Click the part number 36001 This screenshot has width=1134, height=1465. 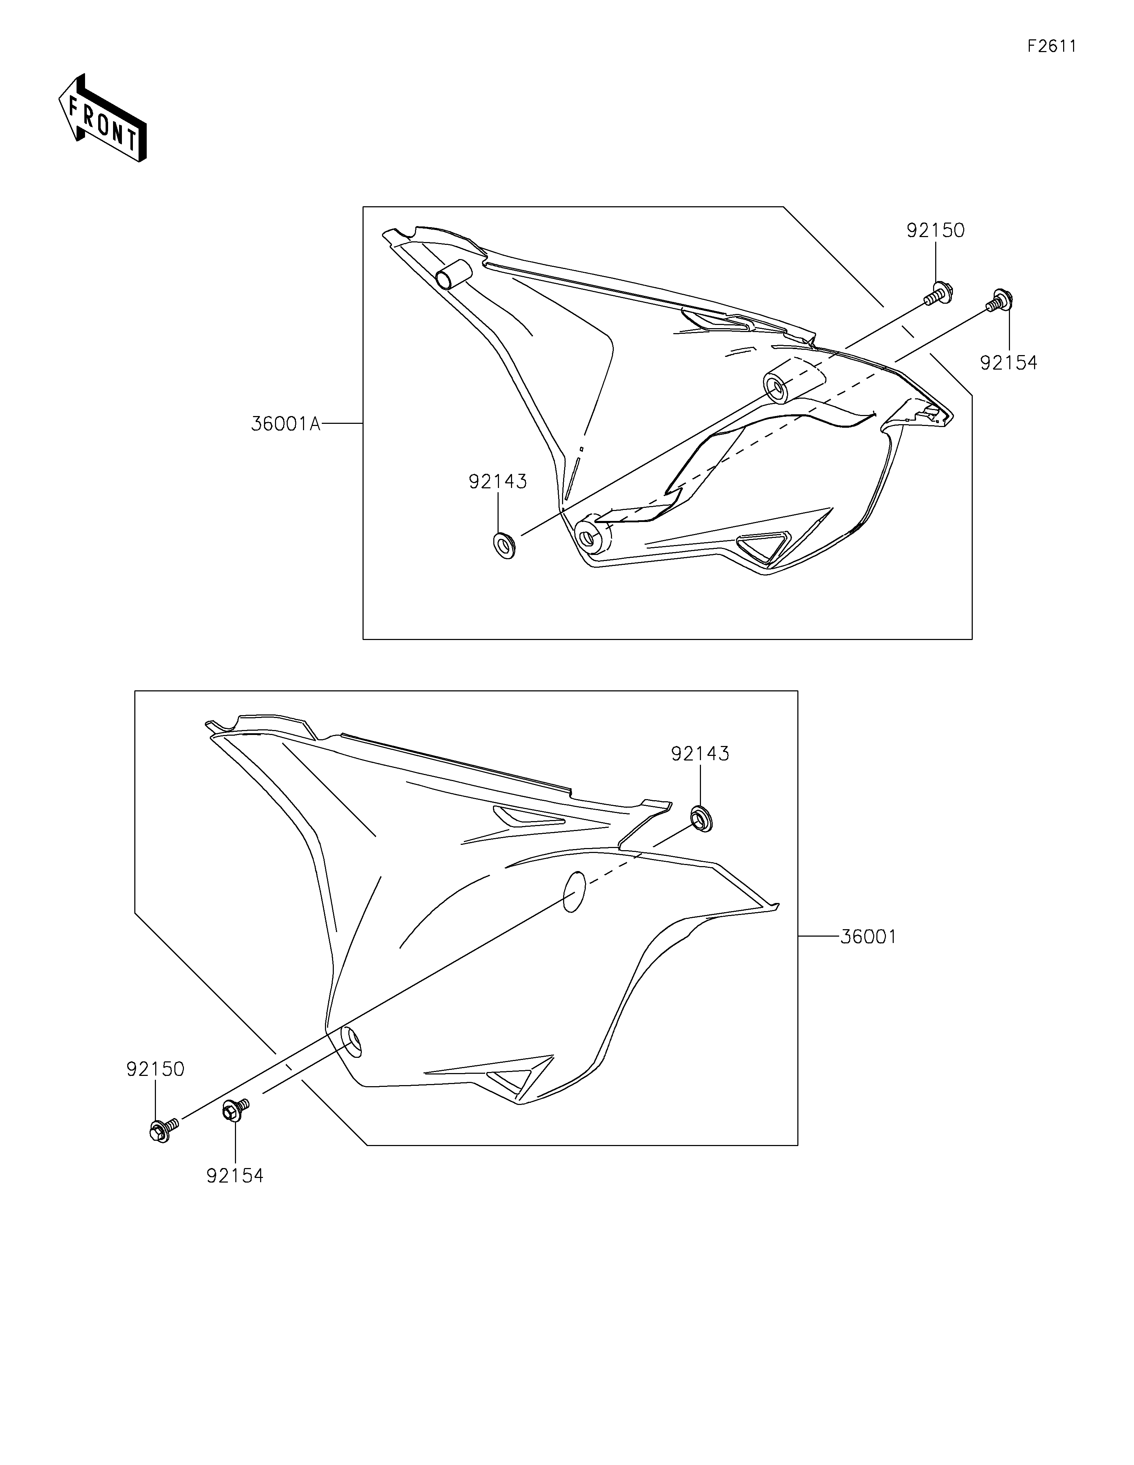tap(868, 936)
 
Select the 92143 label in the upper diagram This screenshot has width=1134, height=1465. tap(498, 482)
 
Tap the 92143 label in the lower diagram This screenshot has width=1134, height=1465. tap(700, 754)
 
